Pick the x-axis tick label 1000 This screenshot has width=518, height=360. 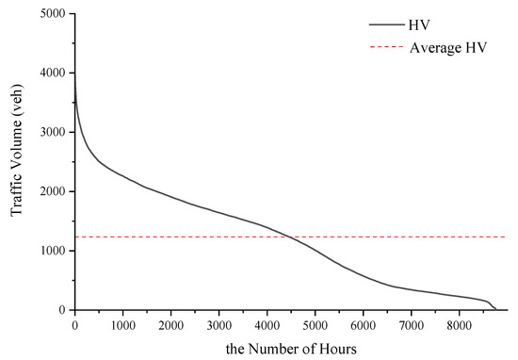pyautogui.click(x=122, y=325)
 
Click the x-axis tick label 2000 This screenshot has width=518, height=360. pyautogui.click(x=170, y=325)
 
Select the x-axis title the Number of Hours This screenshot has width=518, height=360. pyautogui.click(x=290, y=349)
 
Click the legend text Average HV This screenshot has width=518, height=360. pyautogui.click(x=448, y=46)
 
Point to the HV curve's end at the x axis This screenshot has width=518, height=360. pyautogui.click(x=495, y=309)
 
